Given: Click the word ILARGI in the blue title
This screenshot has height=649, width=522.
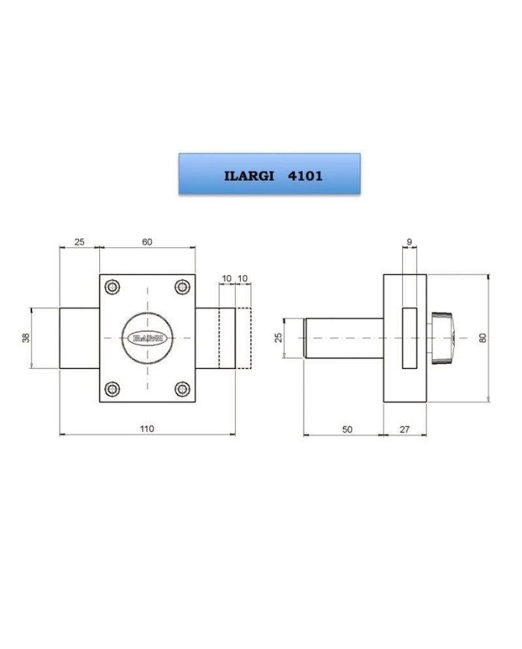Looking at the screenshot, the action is [249, 176].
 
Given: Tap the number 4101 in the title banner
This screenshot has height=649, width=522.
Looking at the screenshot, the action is [305, 176].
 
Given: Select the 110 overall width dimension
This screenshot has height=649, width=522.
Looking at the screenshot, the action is [147, 429].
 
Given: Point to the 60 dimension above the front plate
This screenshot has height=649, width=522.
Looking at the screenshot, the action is [147, 242].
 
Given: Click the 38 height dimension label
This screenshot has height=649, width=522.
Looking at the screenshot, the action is [26, 338].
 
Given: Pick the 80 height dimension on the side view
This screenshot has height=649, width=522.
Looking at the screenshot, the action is [482, 338].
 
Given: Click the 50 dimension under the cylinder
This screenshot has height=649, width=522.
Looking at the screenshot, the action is [348, 429].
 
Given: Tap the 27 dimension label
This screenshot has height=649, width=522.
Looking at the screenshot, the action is [404, 429].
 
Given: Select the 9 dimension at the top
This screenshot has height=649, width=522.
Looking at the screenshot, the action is [409, 242].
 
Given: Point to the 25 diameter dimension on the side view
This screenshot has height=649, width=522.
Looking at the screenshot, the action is [279, 338].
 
